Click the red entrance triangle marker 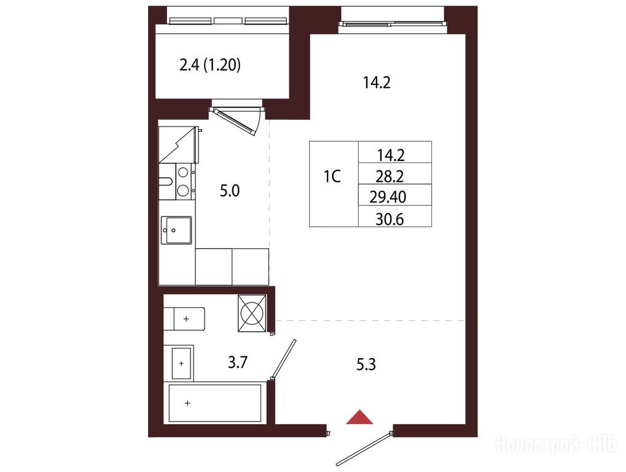pos(359,417)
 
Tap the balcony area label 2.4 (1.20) pos(210,65)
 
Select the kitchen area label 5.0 pos(230,191)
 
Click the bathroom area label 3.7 pos(238,363)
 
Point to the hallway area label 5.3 pos(366,364)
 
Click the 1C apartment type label pos(332,176)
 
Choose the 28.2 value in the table pos(389,176)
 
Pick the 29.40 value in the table pos(388,197)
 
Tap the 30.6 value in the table pos(389,219)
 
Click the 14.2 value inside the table pos(391,155)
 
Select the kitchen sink pos(176,230)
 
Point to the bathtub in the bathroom pos(215,403)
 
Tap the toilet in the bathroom pos(184,318)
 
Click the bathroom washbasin pos(181,363)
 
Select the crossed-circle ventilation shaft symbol pos(252,313)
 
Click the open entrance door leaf pos(363,449)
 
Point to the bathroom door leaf pos(283,359)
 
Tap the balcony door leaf pos(235,122)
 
